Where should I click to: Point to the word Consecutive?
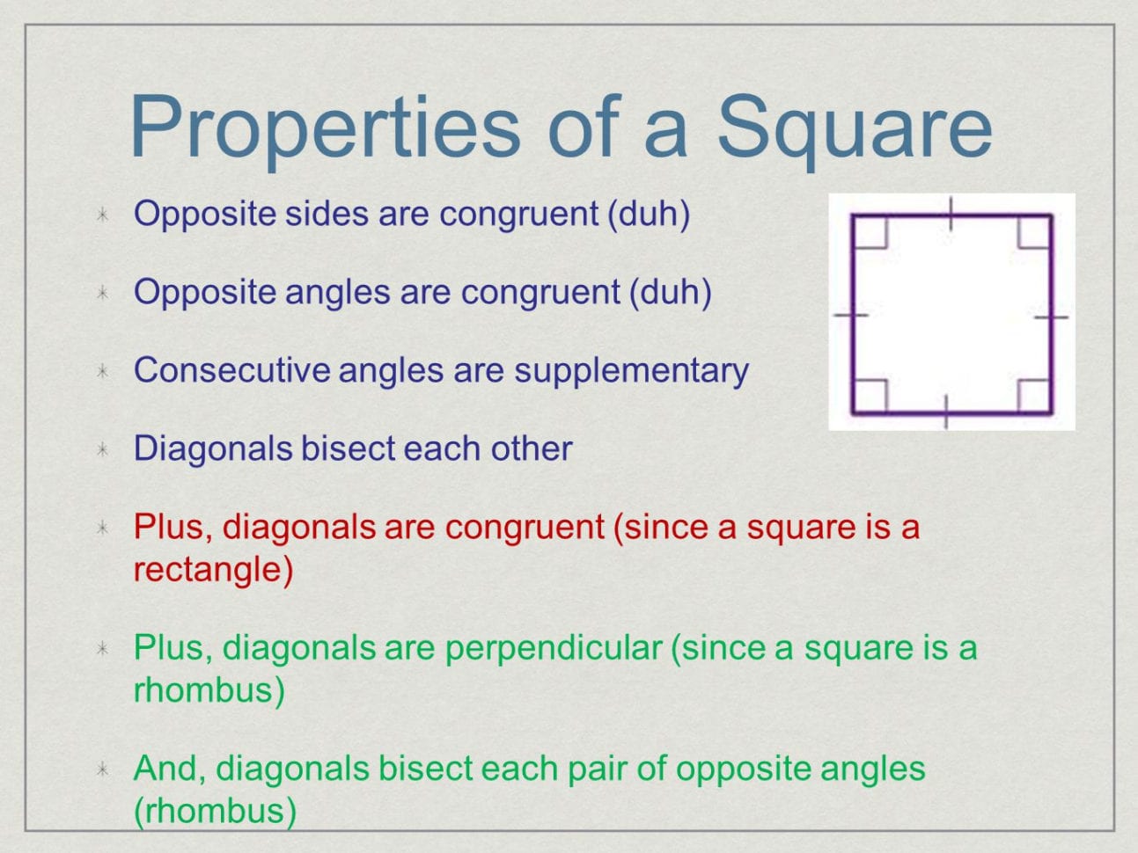[231, 370]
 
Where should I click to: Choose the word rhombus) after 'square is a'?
[209, 689]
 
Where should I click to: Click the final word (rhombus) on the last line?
[215, 811]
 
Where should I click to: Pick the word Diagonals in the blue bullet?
[213, 448]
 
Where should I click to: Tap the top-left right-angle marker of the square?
[870, 231]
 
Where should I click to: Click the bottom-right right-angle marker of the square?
[1034, 397]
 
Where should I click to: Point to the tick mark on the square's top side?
[951, 214]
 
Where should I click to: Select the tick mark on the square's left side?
[851, 314]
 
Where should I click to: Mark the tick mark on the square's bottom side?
[946, 412]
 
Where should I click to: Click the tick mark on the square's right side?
[1052, 317]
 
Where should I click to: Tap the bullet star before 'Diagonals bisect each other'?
[103, 449]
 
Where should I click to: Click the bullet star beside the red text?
[103, 528]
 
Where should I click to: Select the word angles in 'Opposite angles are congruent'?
[337, 293]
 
